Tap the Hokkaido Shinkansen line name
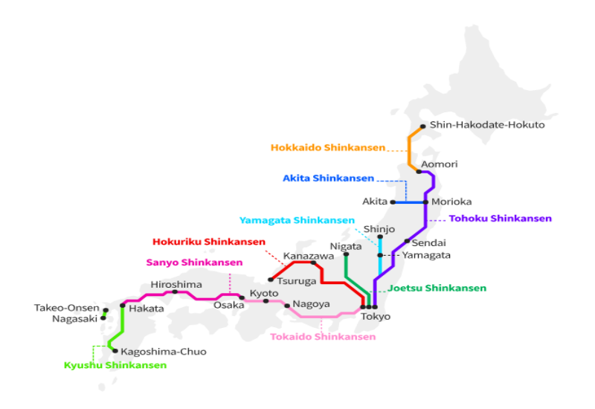[328, 147]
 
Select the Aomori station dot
[419, 171]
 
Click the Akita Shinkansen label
[328, 178]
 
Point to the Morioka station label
[451, 202]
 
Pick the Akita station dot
[393, 202]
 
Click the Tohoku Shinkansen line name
[501, 219]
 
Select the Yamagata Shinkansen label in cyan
[297, 220]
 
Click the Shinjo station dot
[380, 237]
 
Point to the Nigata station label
[345, 245]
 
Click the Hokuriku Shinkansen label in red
[209, 242]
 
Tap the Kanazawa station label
[305, 256]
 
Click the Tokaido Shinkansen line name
[322, 337]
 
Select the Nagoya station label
[311, 304]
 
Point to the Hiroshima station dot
[175, 292]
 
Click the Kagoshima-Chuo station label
[164, 351]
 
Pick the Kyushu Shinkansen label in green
[115, 365]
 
